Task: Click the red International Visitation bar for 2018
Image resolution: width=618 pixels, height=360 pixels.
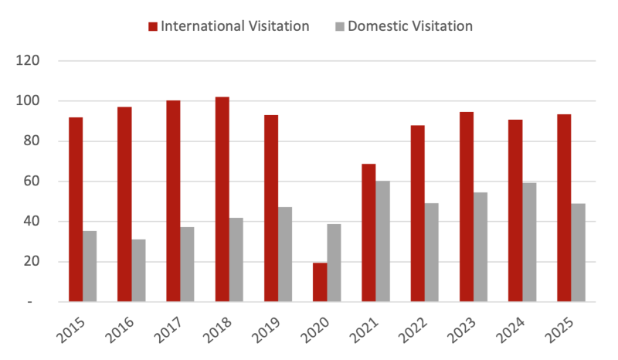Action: tap(222, 199)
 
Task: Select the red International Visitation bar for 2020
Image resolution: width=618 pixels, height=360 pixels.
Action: tap(319, 282)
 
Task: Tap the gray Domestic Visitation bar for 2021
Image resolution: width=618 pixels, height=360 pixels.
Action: tap(383, 241)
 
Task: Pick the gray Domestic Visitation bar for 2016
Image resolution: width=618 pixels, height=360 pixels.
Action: tap(139, 270)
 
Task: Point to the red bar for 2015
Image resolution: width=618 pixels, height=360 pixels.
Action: tap(75, 209)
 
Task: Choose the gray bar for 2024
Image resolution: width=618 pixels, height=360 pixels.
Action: tap(530, 241)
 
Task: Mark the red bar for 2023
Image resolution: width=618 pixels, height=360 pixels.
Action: tap(467, 206)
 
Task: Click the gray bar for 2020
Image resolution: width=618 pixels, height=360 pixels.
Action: tap(334, 263)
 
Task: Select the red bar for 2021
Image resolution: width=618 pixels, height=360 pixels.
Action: tap(368, 232)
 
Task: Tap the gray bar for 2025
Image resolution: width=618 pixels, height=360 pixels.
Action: tap(579, 252)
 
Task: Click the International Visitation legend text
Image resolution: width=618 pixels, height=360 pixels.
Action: tap(235, 26)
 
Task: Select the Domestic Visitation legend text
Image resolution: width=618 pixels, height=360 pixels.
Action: tap(410, 26)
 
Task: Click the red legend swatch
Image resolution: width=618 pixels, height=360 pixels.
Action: tap(153, 27)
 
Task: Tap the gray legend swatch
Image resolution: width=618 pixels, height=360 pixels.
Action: tap(340, 27)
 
